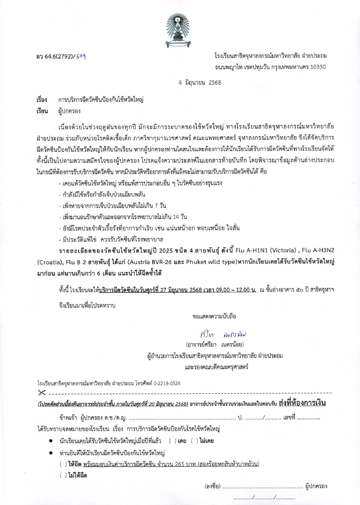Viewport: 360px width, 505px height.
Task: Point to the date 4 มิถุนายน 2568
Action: [200, 83]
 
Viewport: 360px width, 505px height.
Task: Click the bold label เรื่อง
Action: [42, 100]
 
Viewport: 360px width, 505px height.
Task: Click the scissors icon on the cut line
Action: [42, 393]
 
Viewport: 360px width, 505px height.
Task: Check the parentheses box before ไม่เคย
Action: [194, 441]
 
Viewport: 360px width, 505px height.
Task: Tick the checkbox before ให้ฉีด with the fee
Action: [63, 464]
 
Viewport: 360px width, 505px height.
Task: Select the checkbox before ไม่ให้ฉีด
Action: [63, 475]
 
